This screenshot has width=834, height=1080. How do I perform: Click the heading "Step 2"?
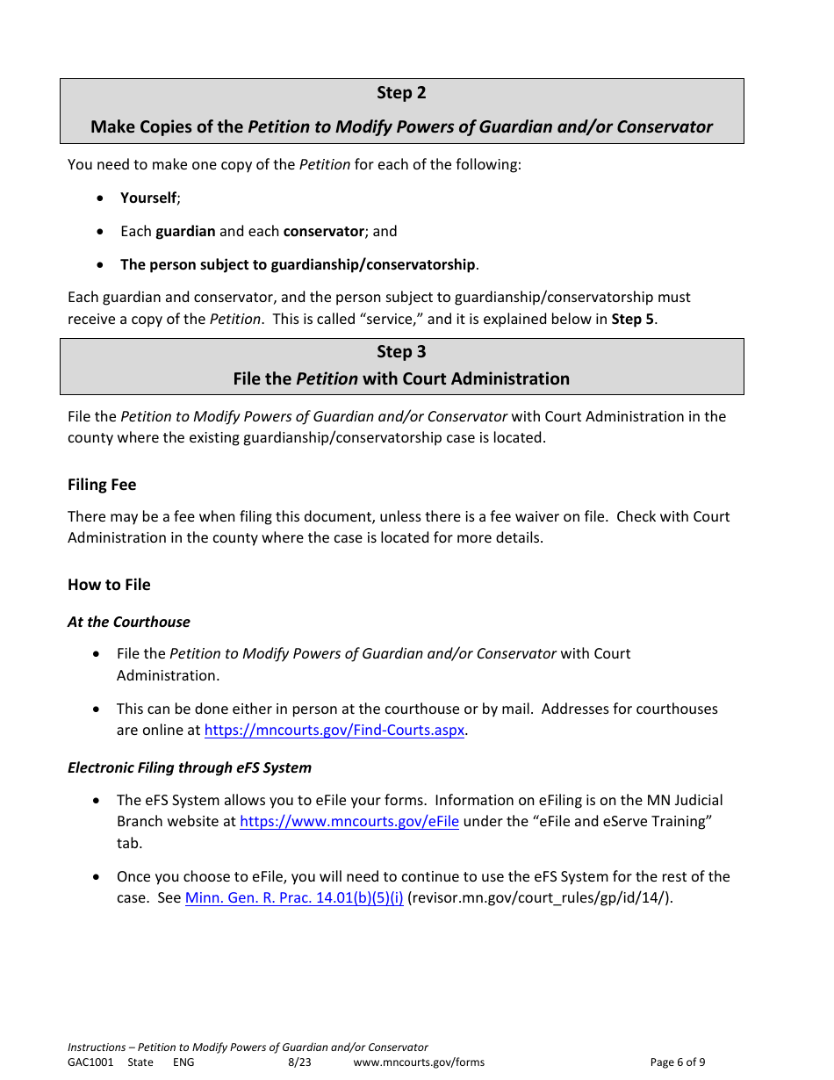point(401,93)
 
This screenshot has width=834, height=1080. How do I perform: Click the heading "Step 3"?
point(401,352)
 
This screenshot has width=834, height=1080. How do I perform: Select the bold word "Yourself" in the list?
point(148,198)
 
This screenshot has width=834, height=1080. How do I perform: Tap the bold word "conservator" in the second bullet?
point(323,232)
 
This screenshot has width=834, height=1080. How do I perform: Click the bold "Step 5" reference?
point(632,320)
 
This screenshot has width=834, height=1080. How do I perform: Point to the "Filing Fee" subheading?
point(102,485)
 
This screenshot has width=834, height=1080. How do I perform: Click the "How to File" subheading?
point(109,585)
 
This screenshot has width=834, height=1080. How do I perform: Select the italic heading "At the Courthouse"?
point(129,622)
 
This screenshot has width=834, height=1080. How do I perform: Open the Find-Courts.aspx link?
point(334,731)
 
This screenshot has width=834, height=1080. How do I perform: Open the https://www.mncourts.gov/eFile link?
point(349,822)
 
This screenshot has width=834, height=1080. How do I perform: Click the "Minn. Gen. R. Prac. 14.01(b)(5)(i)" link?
point(294,898)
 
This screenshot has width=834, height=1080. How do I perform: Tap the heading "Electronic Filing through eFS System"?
point(190,767)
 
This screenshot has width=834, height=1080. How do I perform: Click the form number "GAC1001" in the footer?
point(90,1062)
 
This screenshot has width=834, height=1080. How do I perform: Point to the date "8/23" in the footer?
point(299,1062)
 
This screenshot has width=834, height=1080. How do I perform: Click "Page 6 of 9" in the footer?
point(677,1062)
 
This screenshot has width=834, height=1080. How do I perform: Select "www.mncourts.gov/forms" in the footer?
point(419,1062)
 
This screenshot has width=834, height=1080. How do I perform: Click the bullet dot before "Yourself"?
point(102,198)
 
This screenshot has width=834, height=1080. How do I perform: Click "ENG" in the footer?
point(183,1062)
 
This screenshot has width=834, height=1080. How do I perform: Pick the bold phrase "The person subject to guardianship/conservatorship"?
point(298,265)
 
